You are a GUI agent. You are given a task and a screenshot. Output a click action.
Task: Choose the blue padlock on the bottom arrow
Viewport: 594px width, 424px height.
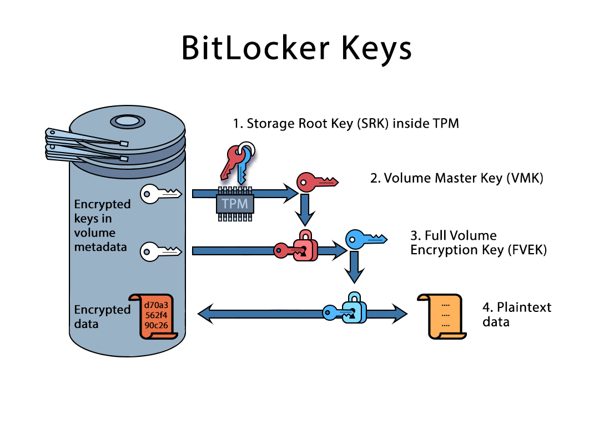tap(354, 308)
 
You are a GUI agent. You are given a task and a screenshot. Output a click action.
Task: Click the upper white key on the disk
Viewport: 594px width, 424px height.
tap(160, 193)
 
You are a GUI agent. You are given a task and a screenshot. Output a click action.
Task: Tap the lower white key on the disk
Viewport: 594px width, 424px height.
tap(160, 251)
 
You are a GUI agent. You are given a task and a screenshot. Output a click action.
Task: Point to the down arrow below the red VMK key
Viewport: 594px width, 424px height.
tap(305, 209)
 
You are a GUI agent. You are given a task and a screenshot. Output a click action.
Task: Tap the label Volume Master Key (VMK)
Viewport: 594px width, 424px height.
tap(456, 179)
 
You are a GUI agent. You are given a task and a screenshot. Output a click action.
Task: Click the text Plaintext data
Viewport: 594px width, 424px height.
tap(516, 314)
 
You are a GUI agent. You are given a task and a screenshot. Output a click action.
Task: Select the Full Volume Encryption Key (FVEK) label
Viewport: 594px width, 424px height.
tap(479, 243)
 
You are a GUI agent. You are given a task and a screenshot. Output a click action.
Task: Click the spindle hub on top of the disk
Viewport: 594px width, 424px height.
tap(127, 121)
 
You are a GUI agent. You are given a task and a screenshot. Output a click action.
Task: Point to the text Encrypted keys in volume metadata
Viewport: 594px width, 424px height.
tap(102, 225)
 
